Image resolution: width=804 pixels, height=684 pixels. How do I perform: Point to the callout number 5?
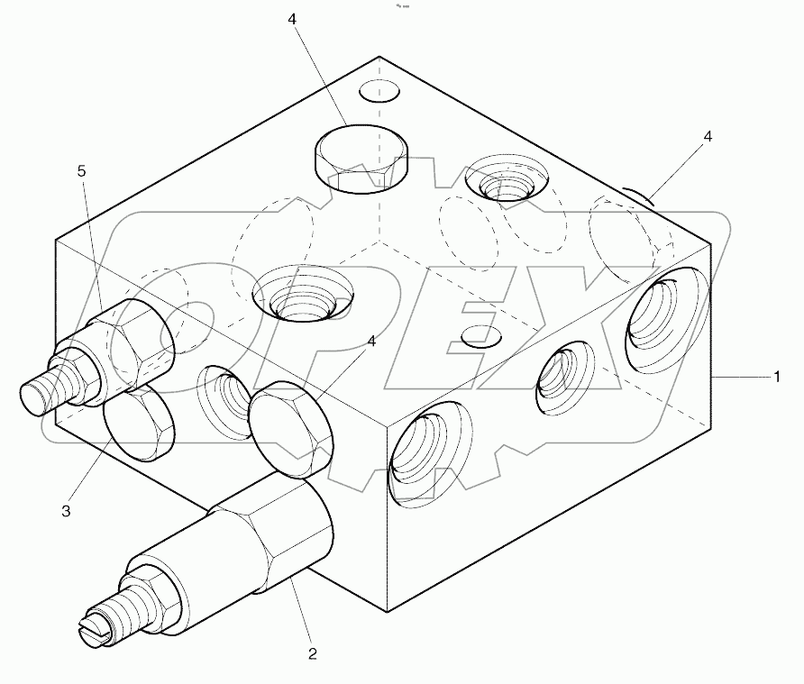click(82, 170)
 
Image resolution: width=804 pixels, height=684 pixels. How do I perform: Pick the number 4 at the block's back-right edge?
click(708, 136)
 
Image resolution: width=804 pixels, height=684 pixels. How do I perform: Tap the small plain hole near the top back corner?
click(379, 91)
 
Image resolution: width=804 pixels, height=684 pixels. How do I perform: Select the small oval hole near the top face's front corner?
click(480, 336)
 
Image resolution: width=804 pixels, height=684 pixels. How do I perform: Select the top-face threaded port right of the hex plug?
click(505, 182)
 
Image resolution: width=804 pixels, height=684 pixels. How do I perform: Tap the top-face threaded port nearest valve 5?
click(303, 296)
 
